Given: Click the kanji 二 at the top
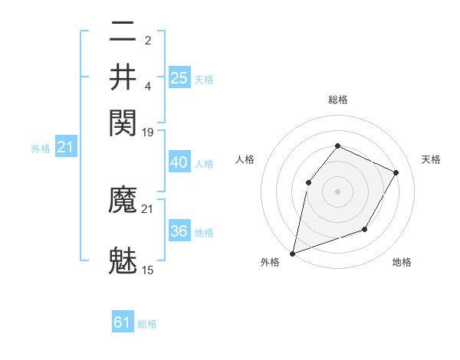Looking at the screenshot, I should click(123, 34).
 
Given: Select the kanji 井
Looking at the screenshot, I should click(123, 77).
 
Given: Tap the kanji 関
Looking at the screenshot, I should click(123, 120).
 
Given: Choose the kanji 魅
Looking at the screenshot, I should click(123, 259).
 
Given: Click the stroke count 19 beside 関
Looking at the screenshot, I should click(148, 133).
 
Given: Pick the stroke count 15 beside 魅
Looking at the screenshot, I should click(148, 270).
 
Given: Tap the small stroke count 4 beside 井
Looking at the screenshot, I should click(148, 86).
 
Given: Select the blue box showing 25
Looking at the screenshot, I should click(179, 77).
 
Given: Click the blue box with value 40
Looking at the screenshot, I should click(179, 162).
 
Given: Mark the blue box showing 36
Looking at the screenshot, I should click(179, 231).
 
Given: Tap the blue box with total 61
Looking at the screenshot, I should click(123, 322).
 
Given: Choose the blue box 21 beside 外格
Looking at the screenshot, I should click(65, 147).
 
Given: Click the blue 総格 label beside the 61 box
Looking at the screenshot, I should click(147, 324).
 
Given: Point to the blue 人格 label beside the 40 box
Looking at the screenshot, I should click(204, 164).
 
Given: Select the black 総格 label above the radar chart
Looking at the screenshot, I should click(337, 100).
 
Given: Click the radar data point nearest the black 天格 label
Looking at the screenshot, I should click(396, 172).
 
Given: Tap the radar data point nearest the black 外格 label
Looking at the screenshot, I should click(292, 253).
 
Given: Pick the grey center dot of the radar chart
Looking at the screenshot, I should click(337, 191).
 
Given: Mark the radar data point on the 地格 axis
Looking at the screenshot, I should click(365, 229).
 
